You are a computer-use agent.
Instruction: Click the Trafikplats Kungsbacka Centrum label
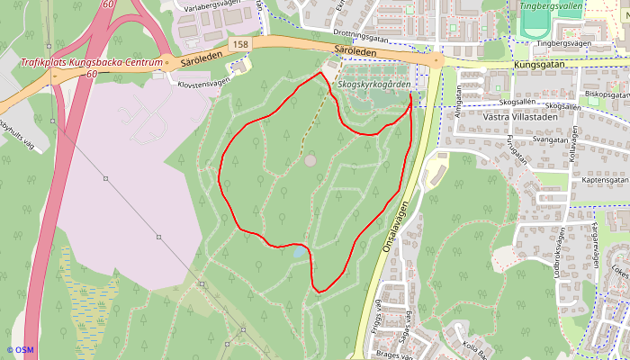(x=91, y=63)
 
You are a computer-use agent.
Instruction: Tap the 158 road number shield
(x=238, y=44)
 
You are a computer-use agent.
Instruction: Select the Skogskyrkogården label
(x=375, y=85)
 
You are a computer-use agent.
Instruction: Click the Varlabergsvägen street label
(x=213, y=4)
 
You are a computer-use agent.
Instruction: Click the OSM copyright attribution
(x=20, y=349)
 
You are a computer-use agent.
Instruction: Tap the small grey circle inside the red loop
(x=310, y=160)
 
